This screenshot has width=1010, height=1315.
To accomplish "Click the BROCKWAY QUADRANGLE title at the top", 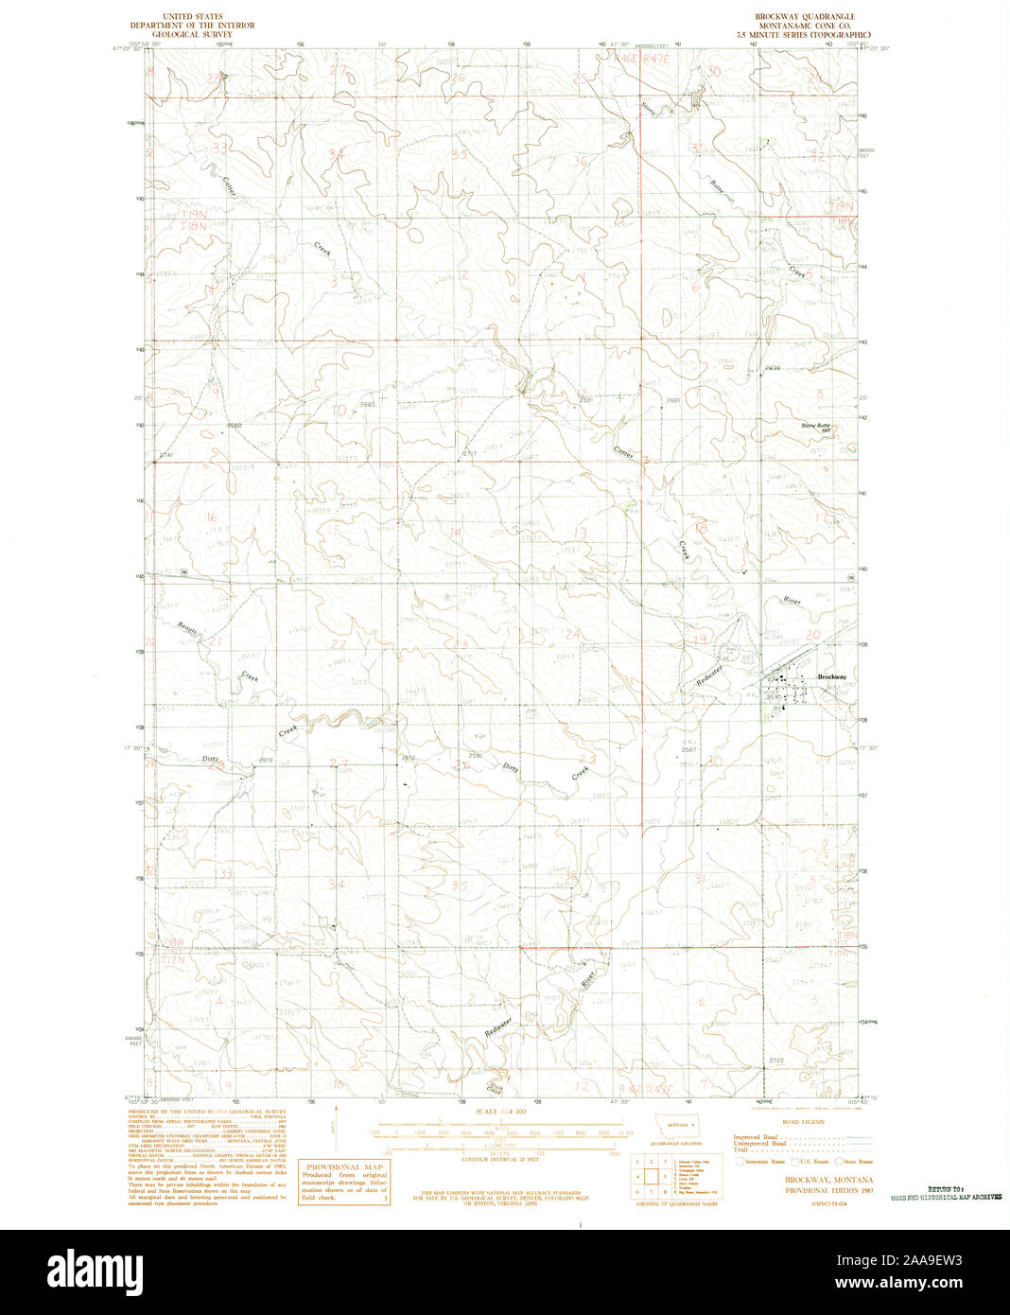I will point(804,17).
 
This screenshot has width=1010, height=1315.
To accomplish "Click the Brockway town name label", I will point(832,677).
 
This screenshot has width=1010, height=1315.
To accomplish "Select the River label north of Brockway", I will point(792,601).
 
